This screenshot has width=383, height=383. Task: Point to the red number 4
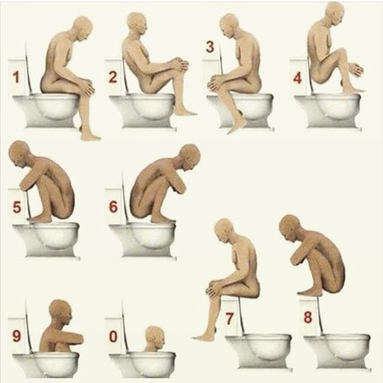(297, 78)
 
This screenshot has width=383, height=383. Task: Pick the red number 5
(17, 207)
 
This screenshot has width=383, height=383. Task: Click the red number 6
(113, 207)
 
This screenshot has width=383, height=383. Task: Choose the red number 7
(229, 318)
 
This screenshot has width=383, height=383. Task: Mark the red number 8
(308, 317)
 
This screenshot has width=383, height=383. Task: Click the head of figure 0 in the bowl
(155, 338)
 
